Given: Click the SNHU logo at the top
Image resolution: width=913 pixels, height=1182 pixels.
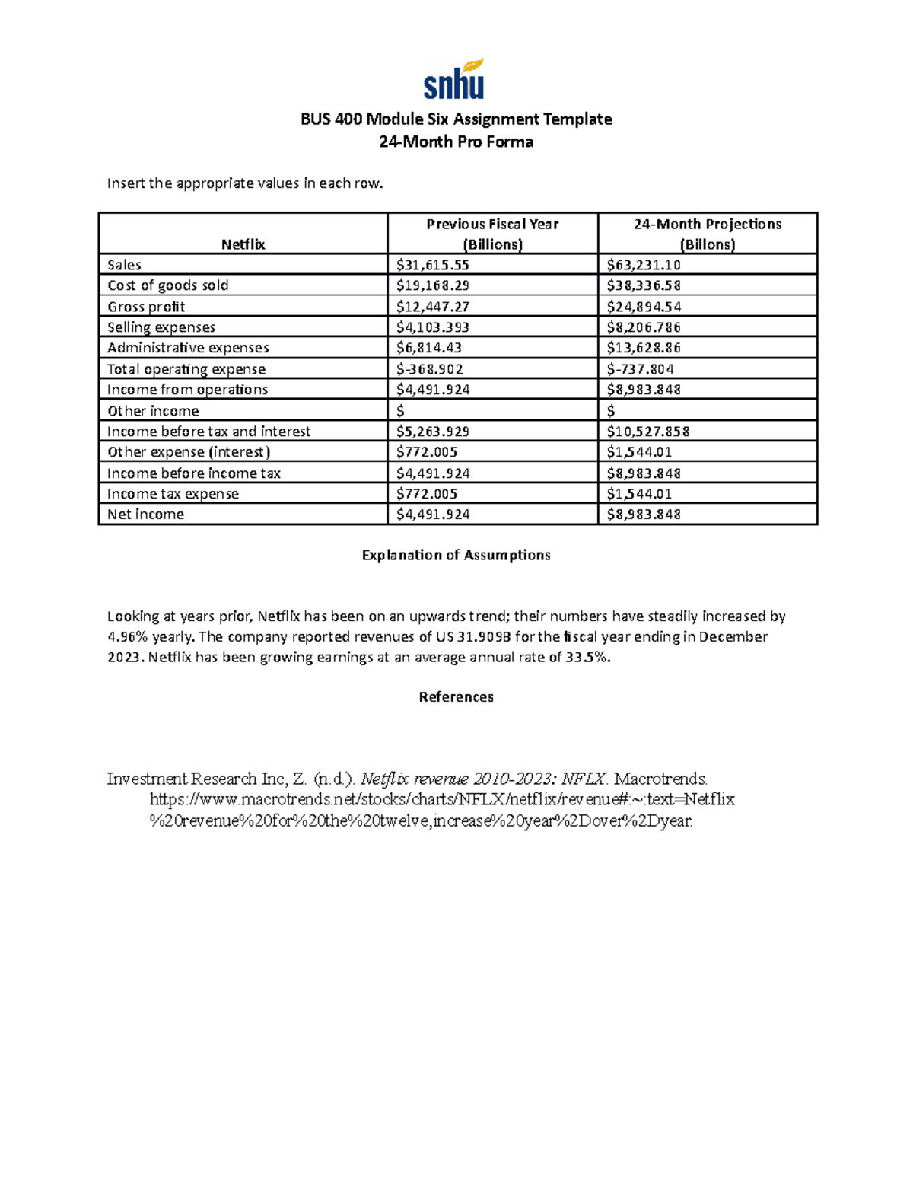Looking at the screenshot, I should (454, 80).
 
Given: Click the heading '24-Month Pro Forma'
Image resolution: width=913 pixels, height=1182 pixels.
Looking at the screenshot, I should (456, 142).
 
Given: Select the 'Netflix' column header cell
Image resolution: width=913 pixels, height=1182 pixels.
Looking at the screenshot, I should (243, 244).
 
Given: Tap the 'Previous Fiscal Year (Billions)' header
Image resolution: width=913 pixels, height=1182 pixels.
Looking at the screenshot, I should (492, 234).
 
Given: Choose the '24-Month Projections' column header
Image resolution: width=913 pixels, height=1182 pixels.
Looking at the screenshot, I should (707, 234).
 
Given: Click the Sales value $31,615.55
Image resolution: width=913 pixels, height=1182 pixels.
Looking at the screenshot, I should (432, 265).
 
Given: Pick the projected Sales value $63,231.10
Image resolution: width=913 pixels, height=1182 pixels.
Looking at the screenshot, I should (644, 265).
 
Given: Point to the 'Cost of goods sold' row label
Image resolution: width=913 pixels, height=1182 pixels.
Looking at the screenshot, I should (167, 285).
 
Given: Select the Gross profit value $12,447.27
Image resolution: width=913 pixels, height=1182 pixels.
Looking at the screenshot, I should (432, 307).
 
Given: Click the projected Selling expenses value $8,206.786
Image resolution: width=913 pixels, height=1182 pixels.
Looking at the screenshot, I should (644, 327).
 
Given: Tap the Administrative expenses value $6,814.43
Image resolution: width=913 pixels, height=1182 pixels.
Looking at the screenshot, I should (429, 348).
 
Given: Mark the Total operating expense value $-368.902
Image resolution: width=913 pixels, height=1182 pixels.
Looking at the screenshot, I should (429, 369).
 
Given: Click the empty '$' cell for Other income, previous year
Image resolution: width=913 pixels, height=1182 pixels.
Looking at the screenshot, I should (401, 411).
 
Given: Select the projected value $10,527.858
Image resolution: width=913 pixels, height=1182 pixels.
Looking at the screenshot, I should (647, 432).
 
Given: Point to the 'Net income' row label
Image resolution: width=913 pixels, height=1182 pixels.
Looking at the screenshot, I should (145, 515).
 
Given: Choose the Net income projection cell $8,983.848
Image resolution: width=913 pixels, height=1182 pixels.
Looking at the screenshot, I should (644, 515).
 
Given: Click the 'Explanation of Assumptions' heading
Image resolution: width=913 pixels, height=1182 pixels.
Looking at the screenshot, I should (456, 555).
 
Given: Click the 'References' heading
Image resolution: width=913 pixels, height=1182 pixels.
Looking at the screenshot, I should (456, 697).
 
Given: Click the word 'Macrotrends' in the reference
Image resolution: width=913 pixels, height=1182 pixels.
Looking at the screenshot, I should (660, 779).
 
